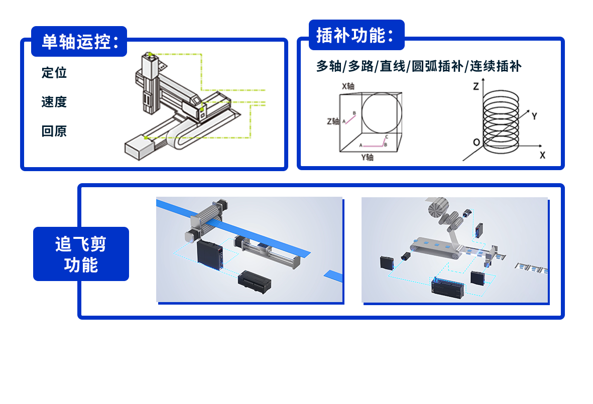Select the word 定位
[x=54, y=72]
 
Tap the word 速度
[x=54, y=102]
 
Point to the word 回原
[x=54, y=131]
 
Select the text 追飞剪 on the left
[x=80, y=244]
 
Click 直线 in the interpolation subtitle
[x=392, y=66]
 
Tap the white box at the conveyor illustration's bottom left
[x=141, y=148]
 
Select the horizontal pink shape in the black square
[x=374, y=144]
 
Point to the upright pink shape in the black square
[x=350, y=122]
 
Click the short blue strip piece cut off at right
[x=333, y=275]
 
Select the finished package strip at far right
[x=532, y=268]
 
